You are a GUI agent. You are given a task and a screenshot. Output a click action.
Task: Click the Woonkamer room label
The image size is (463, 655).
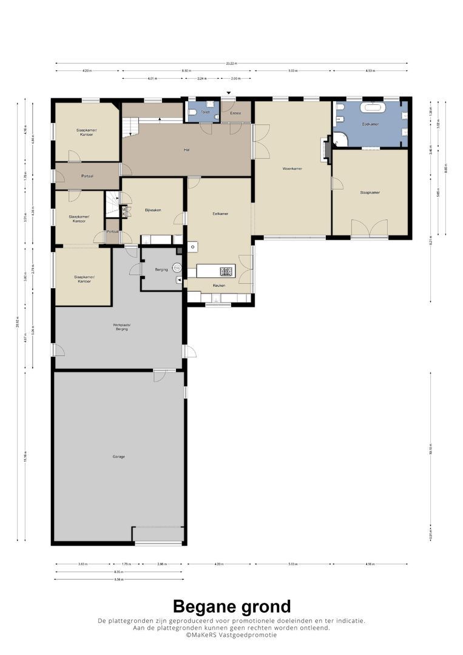[x=292, y=169]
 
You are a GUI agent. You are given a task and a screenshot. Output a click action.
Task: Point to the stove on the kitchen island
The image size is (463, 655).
[x=226, y=272]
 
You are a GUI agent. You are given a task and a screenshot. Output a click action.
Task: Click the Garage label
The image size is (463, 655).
[x=119, y=457]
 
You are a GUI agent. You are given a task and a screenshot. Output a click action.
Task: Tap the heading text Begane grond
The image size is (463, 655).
[x=231, y=606]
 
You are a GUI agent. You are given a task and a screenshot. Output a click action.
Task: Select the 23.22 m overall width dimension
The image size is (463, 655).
[x=231, y=63]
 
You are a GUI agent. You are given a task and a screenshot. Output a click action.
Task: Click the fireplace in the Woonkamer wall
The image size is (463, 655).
[x=327, y=149]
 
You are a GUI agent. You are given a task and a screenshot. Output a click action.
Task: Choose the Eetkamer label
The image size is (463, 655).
[x=220, y=214]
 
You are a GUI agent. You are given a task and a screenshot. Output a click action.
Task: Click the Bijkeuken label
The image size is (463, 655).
[x=152, y=210]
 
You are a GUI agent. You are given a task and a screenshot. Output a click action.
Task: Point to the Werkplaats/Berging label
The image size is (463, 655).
[x=121, y=326]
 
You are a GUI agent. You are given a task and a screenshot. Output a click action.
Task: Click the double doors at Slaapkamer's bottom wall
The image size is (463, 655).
[x=369, y=229]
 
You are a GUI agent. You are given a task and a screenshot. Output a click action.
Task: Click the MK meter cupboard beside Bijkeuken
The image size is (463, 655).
[x=124, y=212]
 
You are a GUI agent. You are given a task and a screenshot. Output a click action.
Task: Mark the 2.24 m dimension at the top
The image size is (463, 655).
[x=201, y=79]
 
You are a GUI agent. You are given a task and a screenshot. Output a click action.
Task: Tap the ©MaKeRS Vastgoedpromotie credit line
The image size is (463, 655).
[x=231, y=635]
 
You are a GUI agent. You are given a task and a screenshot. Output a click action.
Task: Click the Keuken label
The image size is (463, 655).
[x=218, y=285]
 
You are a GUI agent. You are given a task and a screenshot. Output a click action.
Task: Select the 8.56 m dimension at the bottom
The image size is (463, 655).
[x=118, y=579]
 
